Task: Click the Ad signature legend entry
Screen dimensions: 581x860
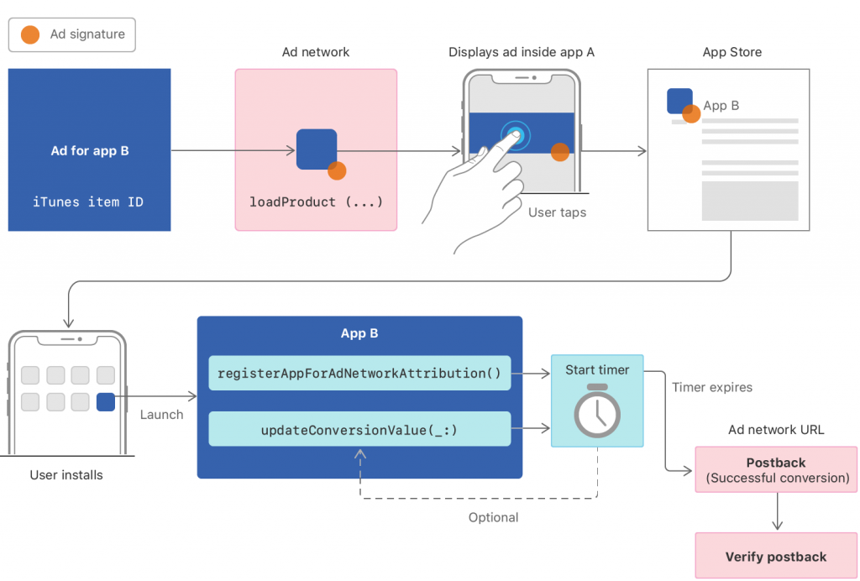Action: coord(72,34)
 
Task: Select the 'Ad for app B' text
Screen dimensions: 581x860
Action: coord(90,151)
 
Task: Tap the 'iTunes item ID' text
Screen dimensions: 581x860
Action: coord(87,202)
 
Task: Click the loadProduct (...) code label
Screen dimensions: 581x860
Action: coord(316,202)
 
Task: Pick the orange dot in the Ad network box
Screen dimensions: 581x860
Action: coord(337,170)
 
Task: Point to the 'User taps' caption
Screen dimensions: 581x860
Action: coord(557,212)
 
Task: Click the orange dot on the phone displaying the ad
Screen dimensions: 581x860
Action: coord(560,152)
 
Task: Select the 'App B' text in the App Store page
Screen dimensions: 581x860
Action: coord(721,106)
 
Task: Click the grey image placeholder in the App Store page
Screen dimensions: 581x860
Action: coord(749,200)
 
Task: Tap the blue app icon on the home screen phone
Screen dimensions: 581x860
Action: coord(106,402)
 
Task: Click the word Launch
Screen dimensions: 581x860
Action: coord(160,415)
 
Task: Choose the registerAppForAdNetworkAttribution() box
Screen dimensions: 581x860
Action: coord(359,374)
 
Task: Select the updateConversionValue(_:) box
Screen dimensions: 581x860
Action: coord(359,429)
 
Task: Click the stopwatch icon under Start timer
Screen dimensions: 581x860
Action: coord(596,411)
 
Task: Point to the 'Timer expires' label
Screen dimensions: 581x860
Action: coord(712,387)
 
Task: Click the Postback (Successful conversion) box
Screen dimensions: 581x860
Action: coord(776,470)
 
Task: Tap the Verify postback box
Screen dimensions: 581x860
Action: coord(776,557)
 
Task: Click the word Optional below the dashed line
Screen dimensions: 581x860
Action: coord(493,517)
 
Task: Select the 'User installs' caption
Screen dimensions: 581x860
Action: coord(66,475)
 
